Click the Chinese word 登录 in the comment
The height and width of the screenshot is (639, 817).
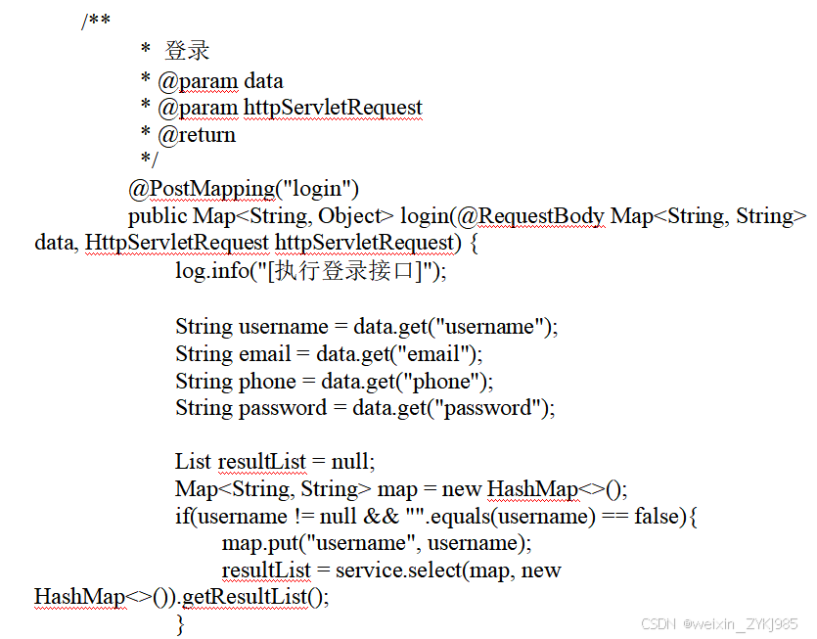tap(187, 52)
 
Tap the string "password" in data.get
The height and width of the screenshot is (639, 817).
tap(483, 408)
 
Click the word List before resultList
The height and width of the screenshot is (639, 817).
tap(193, 461)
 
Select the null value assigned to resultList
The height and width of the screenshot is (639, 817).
tap(351, 461)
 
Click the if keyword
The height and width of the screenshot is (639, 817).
tap(181, 516)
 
